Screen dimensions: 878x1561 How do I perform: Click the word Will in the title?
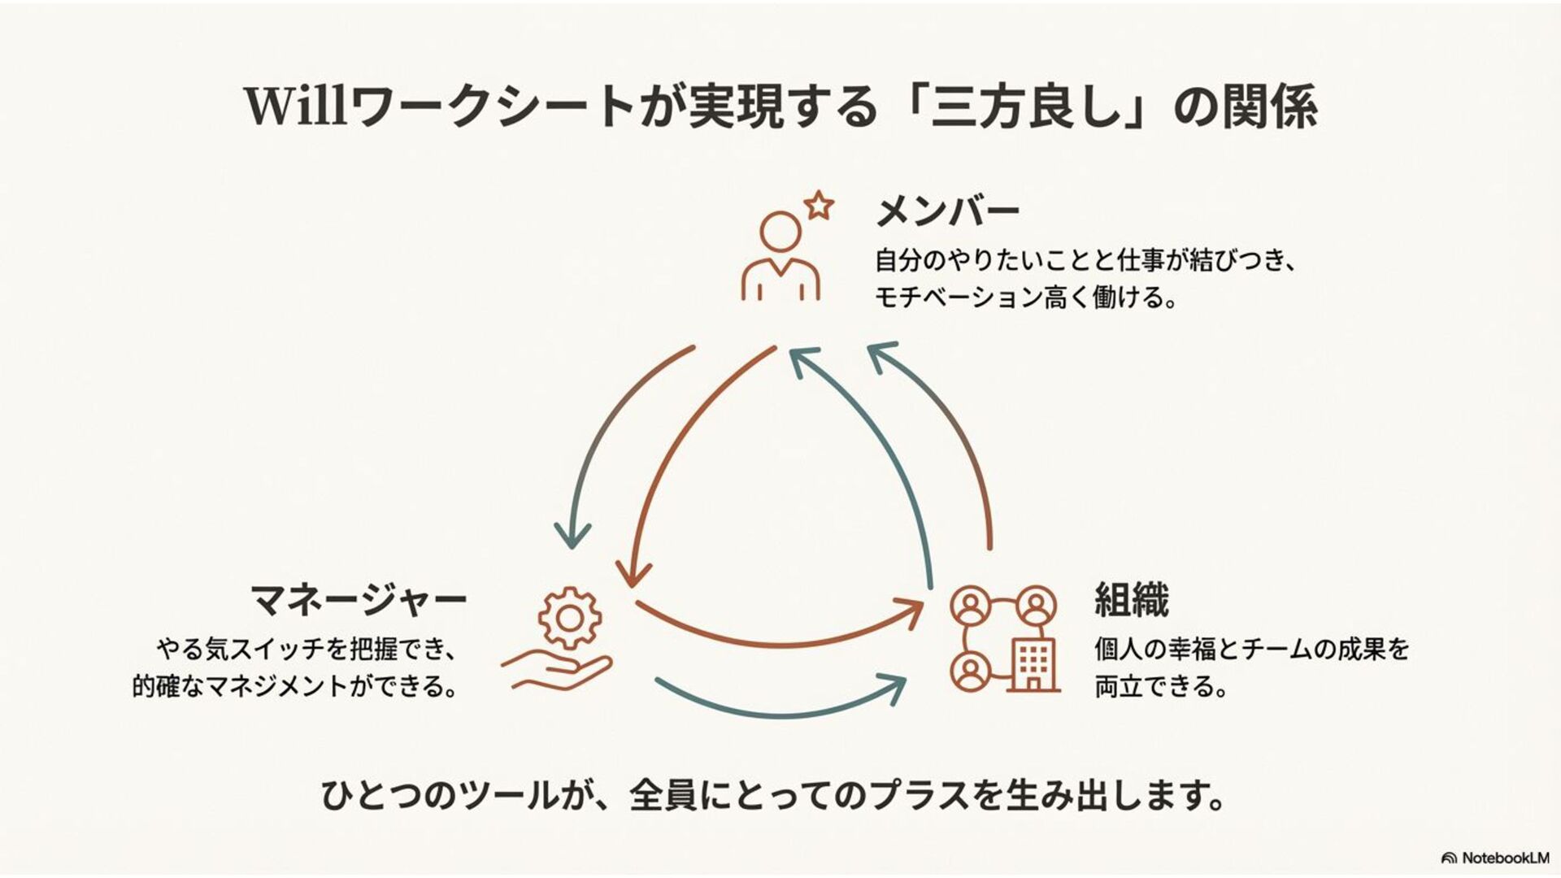click(297, 106)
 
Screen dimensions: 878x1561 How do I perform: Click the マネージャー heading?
click(359, 601)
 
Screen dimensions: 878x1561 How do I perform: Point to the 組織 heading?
click(1131, 601)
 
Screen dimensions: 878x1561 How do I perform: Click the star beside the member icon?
click(820, 205)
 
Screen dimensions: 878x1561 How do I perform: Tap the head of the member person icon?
click(780, 233)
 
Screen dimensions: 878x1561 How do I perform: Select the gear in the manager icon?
click(570, 619)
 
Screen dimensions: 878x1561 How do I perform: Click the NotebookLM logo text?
click(1505, 858)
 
